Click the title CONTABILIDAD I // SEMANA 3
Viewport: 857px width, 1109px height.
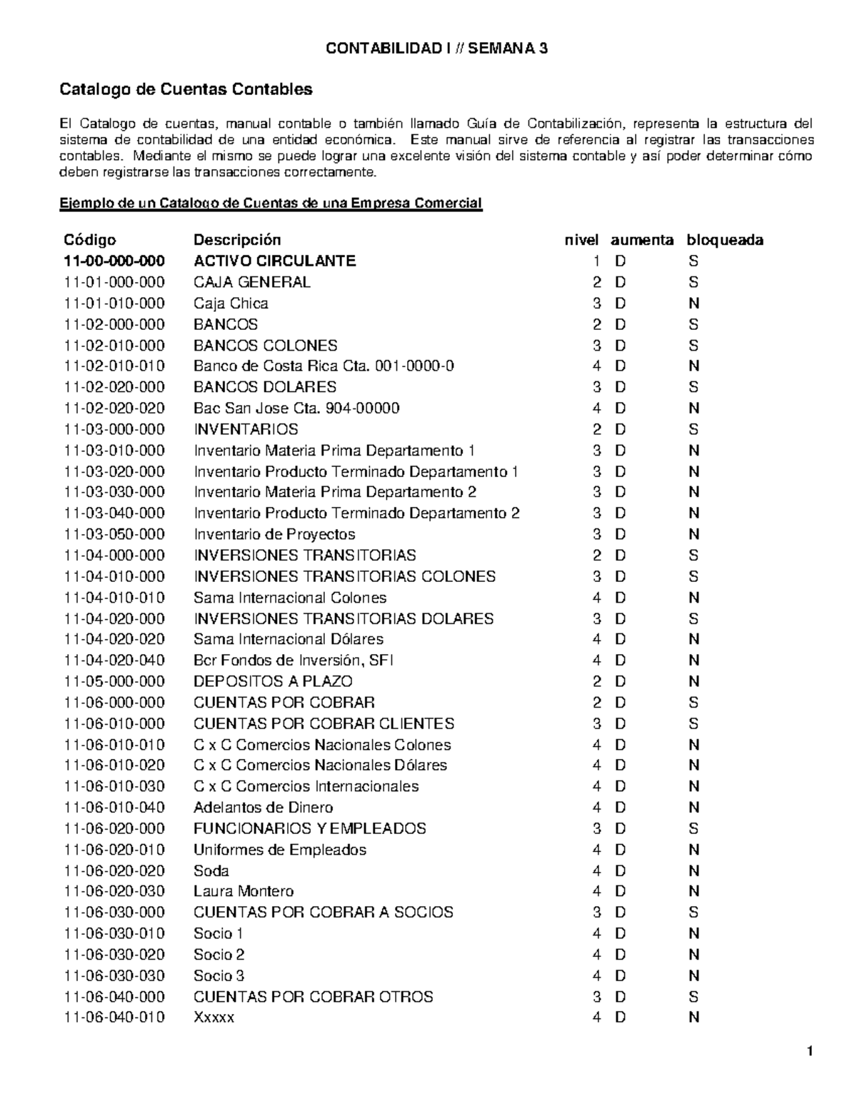pyautogui.click(x=436, y=49)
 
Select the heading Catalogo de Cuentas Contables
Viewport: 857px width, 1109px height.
pyautogui.click(x=186, y=90)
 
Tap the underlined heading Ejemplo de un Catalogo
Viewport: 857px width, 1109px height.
pyautogui.click(x=271, y=204)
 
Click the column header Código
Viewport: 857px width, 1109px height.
pyautogui.click(x=90, y=240)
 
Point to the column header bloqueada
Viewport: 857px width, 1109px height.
pyautogui.click(x=725, y=240)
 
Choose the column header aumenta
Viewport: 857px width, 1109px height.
pyautogui.click(x=642, y=240)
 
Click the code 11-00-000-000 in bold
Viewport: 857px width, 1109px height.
pyautogui.click(x=114, y=261)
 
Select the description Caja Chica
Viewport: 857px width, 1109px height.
pyautogui.click(x=231, y=303)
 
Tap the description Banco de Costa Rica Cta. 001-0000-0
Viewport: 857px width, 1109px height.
pyautogui.click(x=324, y=366)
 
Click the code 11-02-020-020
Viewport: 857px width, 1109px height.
pyautogui.click(x=114, y=408)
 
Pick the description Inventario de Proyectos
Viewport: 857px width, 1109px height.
pyautogui.click(x=274, y=534)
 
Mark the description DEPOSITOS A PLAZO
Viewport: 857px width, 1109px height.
pyautogui.click(x=273, y=681)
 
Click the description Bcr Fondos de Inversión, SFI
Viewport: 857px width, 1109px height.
pyautogui.click(x=294, y=661)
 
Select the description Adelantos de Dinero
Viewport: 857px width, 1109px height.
pyautogui.click(x=263, y=808)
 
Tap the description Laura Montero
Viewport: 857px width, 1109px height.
pyautogui.click(x=244, y=891)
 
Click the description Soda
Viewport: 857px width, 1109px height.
pyautogui.click(x=211, y=870)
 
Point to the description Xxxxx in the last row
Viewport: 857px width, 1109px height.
pyautogui.click(x=214, y=1018)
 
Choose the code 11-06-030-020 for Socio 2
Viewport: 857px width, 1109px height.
pyautogui.click(x=114, y=955)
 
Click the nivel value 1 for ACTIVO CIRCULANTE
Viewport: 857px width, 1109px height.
pyautogui.click(x=597, y=261)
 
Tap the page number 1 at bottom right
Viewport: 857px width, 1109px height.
pyautogui.click(x=810, y=1051)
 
